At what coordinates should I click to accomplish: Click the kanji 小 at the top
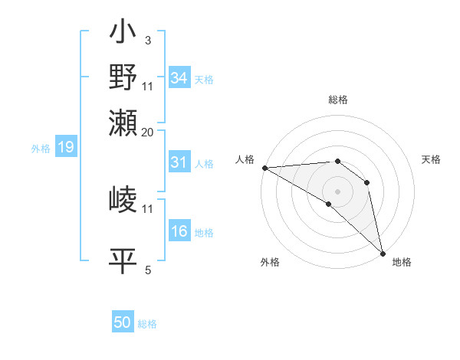pos(123,34)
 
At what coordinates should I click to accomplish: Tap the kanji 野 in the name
pos(123,77)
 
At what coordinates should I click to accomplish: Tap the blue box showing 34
pos(179,78)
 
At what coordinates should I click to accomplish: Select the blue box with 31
pos(179,162)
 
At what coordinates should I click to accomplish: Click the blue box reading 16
pos(179,232)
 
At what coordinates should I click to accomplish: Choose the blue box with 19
pos(65,148)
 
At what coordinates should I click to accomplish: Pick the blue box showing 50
pos(123,322)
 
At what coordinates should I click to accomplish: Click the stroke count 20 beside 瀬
pos(148,133)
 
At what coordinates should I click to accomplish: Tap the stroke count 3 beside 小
pos(148,39)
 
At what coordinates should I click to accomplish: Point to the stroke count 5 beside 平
pos(148,270)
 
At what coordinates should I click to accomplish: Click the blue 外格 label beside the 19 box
pos(41,149)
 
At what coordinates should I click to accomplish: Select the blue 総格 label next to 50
pos(147,324)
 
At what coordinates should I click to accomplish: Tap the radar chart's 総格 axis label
pos(337,100)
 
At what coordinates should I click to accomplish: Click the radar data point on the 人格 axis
pos(264,168)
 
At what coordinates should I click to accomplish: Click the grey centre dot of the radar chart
pos(337,191)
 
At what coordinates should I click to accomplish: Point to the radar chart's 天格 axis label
pos(431,159)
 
